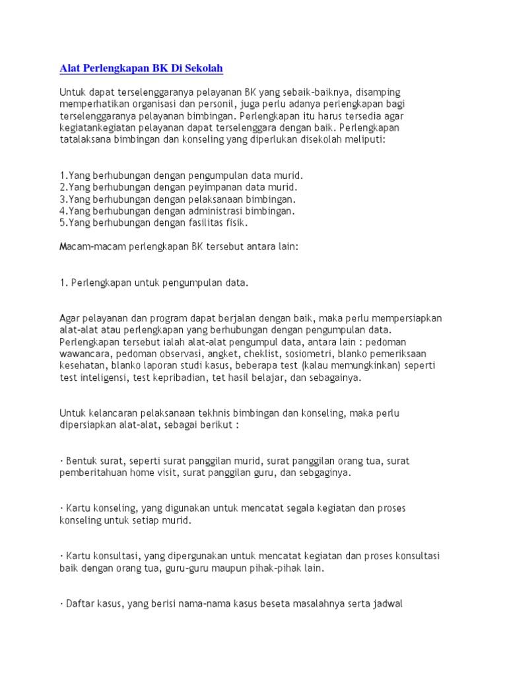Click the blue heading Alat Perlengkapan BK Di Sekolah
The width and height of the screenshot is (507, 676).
[x=141, y=68]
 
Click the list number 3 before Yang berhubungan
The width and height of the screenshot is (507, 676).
[x=62, y=199]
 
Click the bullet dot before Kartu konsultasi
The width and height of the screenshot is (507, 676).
[x=61, y=555]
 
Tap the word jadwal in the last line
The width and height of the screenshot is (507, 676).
[x=387, y=603]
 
